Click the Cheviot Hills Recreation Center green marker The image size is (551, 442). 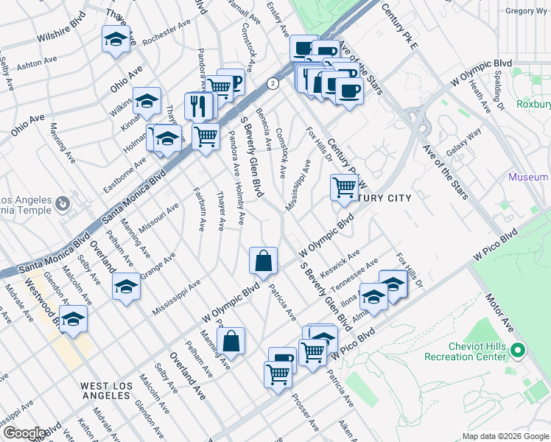518,351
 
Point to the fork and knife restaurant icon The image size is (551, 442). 197,105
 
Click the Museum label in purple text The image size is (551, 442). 528,177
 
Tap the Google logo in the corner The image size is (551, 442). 24,433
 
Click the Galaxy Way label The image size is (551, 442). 466,138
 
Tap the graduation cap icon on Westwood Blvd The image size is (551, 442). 73,319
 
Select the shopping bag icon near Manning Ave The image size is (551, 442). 231,340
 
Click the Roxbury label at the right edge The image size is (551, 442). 534,105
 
